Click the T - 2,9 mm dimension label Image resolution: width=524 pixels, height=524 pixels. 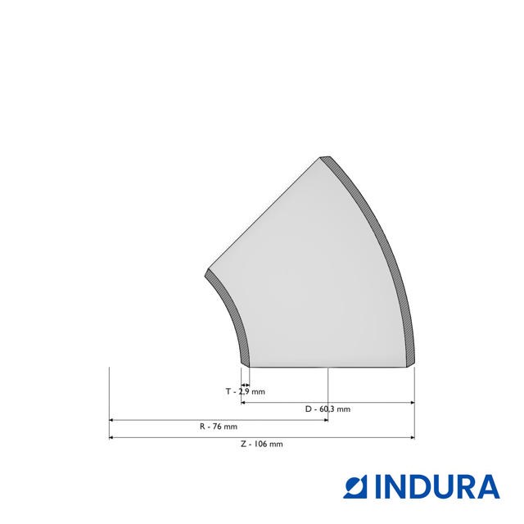coord(246,392)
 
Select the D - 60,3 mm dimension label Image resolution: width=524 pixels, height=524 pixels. coord(327,409)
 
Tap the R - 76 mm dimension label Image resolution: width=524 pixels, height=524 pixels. coord(218,427)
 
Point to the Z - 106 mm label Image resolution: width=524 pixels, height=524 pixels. coord(262,444)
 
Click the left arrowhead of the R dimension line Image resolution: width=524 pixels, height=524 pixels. coord(112,420)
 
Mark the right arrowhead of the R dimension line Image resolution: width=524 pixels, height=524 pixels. coord(325,420)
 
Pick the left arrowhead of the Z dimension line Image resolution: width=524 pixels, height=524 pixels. coord(112,437)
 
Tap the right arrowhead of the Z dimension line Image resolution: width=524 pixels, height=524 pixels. coord(411,437)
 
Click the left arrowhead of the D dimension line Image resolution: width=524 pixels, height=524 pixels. coord(244,402)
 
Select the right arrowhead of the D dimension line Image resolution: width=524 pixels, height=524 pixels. coord(411,402)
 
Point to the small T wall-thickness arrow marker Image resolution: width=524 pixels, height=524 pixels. coord(245,384)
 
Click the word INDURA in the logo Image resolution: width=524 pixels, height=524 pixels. coord(437,486)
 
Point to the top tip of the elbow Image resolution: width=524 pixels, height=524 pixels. coord(325,156)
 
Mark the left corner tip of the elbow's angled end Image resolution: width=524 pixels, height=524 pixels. coord(206,272)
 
